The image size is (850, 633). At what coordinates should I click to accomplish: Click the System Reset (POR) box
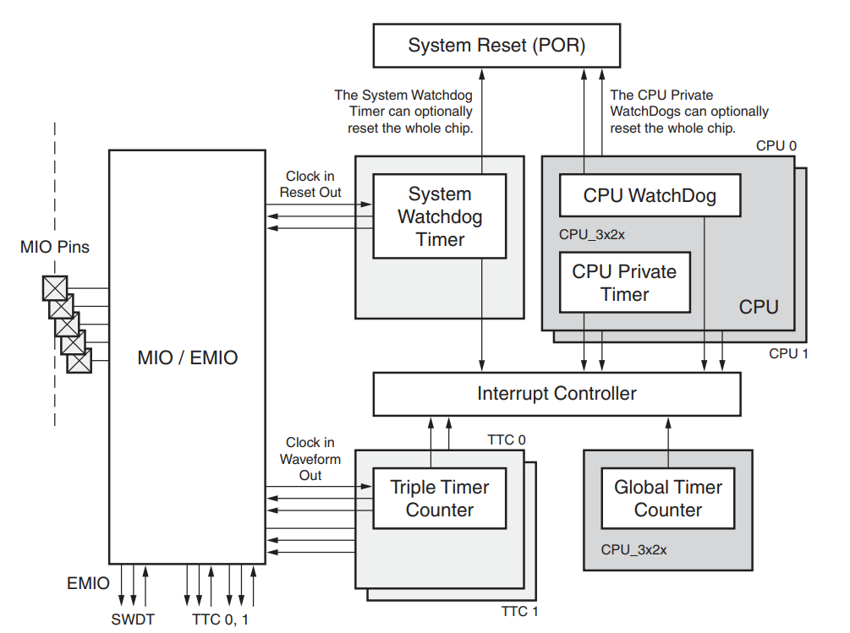click(x=496, y=46)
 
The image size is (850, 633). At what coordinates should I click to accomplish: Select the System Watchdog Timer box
click(x=439, y=216)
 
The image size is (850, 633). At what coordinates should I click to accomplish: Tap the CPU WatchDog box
click(x=650, y=196)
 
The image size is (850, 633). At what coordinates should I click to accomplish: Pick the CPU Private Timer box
click(x=624, y=283)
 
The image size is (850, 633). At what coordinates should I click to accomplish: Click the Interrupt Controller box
click(x=557, y=394)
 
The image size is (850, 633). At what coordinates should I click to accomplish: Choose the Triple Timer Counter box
click(x=439, y=499)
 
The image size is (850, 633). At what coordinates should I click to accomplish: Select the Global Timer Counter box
click(x=667, y=499)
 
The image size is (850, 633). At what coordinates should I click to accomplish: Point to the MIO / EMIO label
click(x=188, y=357)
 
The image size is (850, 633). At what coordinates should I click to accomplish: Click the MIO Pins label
click(x=55, y=248)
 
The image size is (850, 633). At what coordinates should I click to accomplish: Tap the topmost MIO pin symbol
click(x=55, y=288)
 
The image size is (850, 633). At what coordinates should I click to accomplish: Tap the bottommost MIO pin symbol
click(x=80, y=361)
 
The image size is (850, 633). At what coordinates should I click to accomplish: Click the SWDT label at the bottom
click(x=133, y=619)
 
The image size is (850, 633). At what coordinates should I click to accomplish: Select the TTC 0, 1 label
click(x=221, y=619)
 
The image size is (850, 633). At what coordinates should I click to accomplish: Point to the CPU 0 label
click(x=776, y=145)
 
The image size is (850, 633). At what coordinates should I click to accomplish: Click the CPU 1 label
click(x=788, y=353)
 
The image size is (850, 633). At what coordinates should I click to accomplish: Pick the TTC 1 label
click(x=518, y=612)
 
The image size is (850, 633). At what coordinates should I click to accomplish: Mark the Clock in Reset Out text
click(x=310, y=184)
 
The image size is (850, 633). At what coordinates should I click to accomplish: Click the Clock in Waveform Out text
click(x=310, y=459)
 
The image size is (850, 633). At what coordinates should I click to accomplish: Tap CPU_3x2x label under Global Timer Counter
click(x=633, y=549)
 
